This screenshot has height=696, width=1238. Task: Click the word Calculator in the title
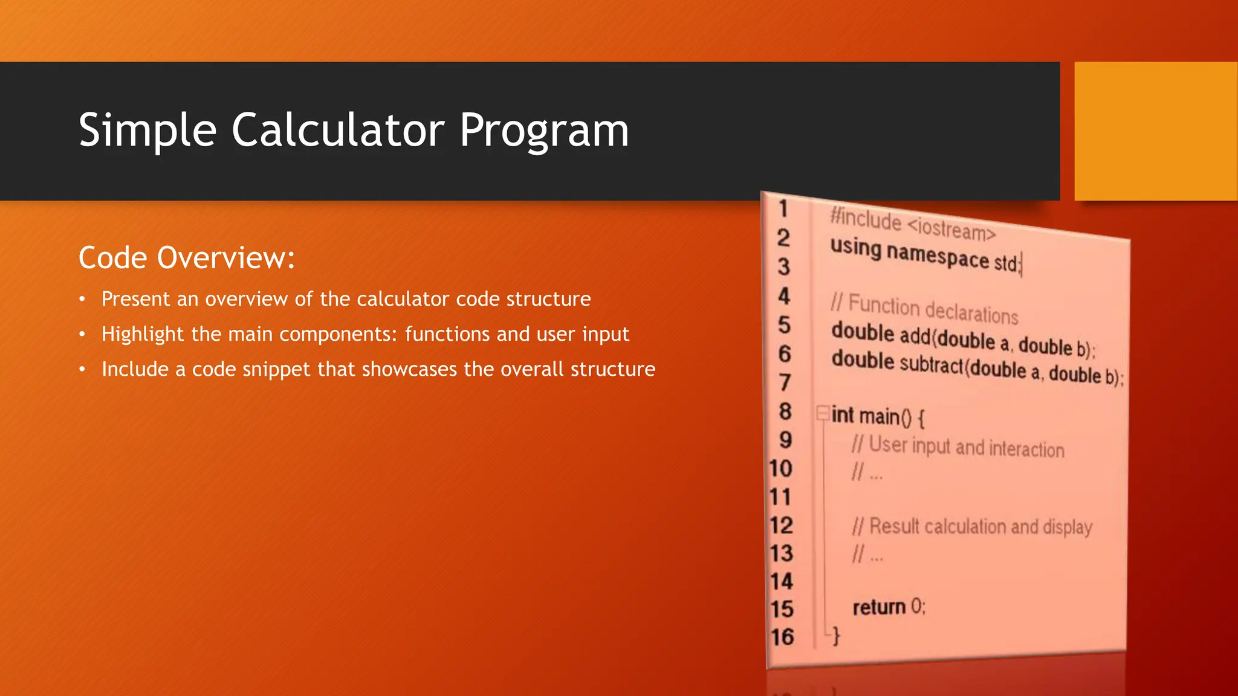point(338,130)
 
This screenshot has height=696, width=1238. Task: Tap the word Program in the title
point(544,131)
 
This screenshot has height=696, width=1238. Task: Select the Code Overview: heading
point(187,258)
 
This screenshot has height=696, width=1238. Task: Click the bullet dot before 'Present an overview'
point(82,299)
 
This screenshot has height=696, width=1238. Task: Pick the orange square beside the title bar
point(1155,130)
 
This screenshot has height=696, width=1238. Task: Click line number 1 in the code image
point(783,208)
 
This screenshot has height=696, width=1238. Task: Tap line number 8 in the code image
point(785,411)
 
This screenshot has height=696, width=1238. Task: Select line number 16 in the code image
point(782,637)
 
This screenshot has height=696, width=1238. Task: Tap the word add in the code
point(915,335)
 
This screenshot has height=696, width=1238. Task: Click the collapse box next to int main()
point(822,413)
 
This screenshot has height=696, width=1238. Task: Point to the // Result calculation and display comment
point(972,527)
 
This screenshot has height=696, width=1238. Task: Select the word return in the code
point(879,607)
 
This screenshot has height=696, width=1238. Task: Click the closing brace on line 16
point(836,636)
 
